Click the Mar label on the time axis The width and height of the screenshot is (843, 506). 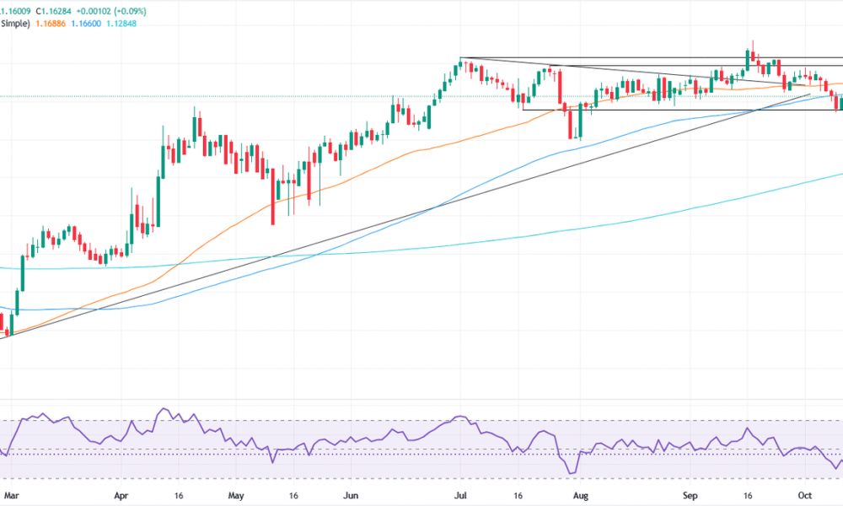pyautogui.click(x=10, y=496)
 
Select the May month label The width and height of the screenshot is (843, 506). pyautogui.click(x=237, y=496)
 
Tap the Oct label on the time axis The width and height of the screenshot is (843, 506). pyautogui.click(x=805, y=496)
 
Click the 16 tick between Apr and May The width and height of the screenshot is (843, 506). pyautogui.click(x=179, y=496)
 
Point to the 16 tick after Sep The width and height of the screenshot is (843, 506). pyautogui.click(x=747, y=496)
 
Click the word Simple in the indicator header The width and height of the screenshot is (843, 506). pyautogui.click(x=15, y=24)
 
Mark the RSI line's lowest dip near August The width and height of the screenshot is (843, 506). pyautogui.click(x=573, y=473)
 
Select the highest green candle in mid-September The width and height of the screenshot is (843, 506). pyautogui.click(x=748, y=59)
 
